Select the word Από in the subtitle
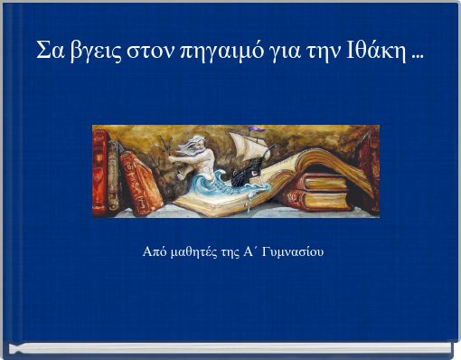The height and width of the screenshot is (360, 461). point(155,251)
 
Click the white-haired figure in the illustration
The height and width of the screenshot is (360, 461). point(200,154)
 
